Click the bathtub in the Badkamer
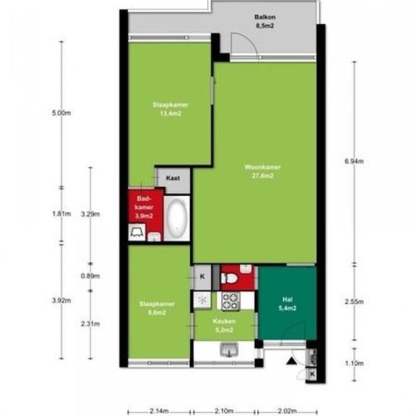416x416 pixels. pos(177,218)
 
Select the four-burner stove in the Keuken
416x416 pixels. pos(231,301)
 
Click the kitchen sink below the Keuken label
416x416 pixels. pos(229,349)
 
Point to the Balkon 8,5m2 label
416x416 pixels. pos(265,21)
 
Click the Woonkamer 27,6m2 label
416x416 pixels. pos(262,172)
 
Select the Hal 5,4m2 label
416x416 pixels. pos(287,304)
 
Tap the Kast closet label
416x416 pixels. pos(173,178)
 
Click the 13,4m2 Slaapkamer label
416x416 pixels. pos(170,109)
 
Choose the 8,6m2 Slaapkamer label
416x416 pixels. pos(157,308)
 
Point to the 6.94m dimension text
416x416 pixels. pos(354,161)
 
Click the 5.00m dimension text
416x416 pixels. pos(61,113)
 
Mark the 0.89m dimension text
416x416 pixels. pos(90,276)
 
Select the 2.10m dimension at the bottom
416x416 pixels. pos(224,411)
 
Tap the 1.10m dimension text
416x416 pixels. pos(354,363)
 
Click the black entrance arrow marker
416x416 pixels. pos(291,361)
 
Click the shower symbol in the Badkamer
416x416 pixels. pos(137,232)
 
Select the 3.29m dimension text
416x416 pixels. pos(90,214)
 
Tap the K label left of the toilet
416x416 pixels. pos(202,277)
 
